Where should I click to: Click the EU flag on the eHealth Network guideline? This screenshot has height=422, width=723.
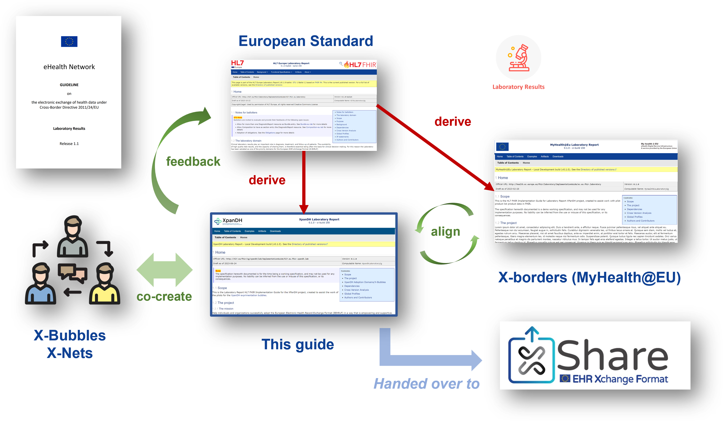coord(69,42)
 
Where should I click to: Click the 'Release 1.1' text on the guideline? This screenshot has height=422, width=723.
coord(69,144)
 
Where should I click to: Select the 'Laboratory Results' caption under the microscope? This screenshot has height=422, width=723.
coord(518,87)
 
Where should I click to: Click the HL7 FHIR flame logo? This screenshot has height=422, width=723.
coord(360,64)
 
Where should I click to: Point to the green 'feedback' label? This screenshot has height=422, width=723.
coord(193,161)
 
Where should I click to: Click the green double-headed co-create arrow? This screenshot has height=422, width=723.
coord(165,270)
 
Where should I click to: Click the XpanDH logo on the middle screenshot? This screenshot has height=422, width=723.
coord(228,221)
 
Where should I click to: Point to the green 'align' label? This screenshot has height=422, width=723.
coord(445,231)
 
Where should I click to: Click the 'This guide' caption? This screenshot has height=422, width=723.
coord(298,344)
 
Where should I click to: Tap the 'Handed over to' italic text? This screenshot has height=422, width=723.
coord(426,384)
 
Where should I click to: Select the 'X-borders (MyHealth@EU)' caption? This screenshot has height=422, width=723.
coord(589,278)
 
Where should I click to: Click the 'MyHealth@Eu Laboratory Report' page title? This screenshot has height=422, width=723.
coord(574,145)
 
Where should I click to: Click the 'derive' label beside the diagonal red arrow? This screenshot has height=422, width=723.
coord(453,122)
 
